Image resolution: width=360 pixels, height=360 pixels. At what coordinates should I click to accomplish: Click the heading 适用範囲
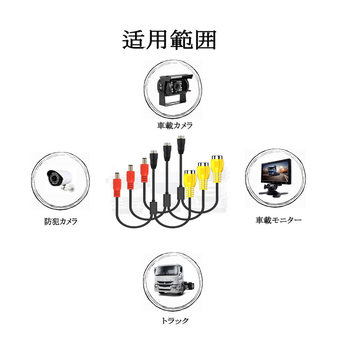(x=169, y=40)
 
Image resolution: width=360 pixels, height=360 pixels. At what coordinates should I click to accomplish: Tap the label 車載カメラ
(x=175, y=125)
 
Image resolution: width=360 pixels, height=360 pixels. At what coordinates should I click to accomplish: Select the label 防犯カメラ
(x=61, y=221)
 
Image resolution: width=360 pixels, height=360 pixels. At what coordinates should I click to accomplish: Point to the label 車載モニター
(x=278, y=220)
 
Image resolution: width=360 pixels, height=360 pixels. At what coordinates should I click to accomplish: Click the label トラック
(x=175, y=321)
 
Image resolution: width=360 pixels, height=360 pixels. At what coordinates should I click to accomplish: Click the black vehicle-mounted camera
(x=174, y=87)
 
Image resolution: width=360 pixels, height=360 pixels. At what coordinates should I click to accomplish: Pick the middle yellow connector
(x=203, y=175)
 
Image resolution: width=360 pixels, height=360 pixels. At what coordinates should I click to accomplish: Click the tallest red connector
(x=145, y=172)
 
